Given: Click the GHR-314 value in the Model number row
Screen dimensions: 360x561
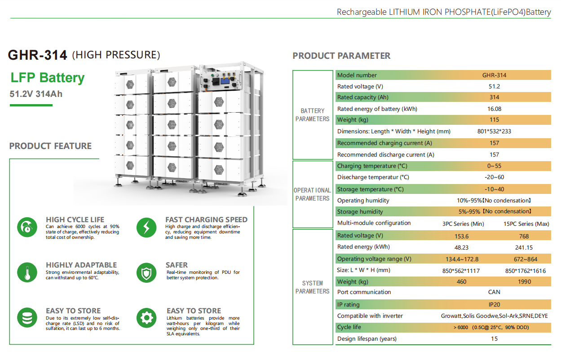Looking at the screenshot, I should point(494,75).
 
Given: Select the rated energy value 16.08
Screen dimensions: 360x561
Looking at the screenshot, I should point(494,109).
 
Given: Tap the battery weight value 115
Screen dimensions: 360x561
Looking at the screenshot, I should point(494,120).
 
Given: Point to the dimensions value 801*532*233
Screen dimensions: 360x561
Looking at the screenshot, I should point(494,132).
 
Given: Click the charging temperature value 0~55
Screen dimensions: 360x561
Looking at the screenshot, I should point(494,166).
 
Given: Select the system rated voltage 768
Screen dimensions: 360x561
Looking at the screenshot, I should point(524,236).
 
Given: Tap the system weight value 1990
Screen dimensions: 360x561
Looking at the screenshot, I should point(524,282).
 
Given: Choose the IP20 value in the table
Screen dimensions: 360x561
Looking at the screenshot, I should point(494,304).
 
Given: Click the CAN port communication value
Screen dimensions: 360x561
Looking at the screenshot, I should point(494,292).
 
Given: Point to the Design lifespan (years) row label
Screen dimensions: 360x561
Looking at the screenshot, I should point(367,339).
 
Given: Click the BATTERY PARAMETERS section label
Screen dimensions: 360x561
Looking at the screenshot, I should point(313,115).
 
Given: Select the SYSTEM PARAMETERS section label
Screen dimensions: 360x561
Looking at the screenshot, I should point(313,287).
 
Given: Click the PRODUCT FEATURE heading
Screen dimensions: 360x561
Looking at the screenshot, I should point(50,146).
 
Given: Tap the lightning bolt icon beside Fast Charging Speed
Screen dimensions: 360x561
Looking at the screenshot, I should point(146,227).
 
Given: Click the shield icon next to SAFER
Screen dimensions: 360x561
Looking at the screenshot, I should point(146,272).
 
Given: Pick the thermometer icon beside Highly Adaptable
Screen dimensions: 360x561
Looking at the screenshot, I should point(27,272).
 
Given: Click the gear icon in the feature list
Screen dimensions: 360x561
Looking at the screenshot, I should point(146,318).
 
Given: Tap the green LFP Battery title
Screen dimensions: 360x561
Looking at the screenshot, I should point(48,78).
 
